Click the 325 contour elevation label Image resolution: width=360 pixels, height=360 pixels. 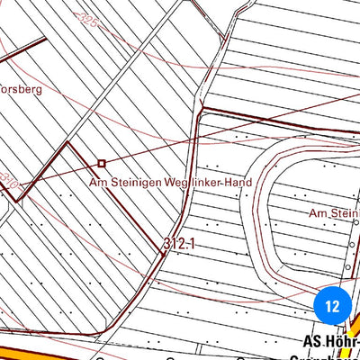(x=87, y=15)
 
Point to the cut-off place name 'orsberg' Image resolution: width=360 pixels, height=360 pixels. (x=21, y=90)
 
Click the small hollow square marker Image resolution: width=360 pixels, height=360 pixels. (x=102, y=163)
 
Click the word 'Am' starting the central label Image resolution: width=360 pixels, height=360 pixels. (x=98, y=182)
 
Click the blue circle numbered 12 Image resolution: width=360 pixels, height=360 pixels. (x=332, y=306)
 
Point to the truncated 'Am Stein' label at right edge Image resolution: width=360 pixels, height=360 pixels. (x=334, y=213)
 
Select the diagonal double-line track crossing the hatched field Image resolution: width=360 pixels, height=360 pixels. (x=117, y=99)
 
